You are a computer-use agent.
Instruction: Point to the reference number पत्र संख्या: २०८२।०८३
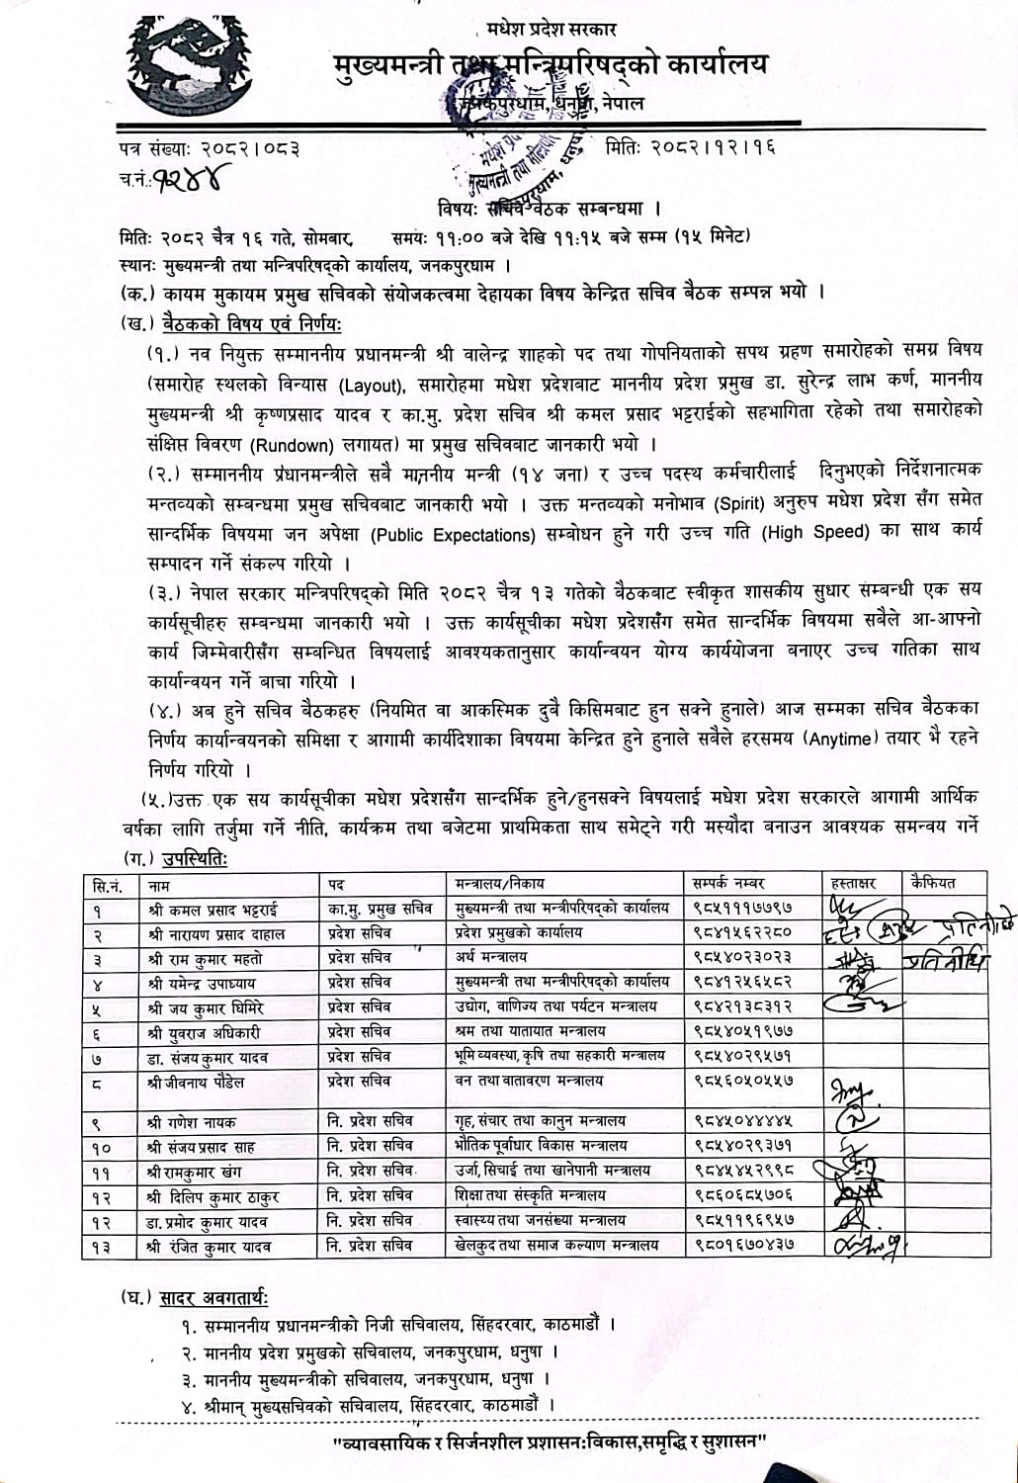[x=209, y=149]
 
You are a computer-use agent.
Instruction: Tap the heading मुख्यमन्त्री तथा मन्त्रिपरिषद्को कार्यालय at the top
[x=550, y=65]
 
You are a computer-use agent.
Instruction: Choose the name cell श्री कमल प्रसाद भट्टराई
[x=208, y=908]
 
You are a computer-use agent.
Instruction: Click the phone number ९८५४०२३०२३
[x=742, y=957]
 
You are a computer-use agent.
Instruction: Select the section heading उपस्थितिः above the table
[x=188, y=860]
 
